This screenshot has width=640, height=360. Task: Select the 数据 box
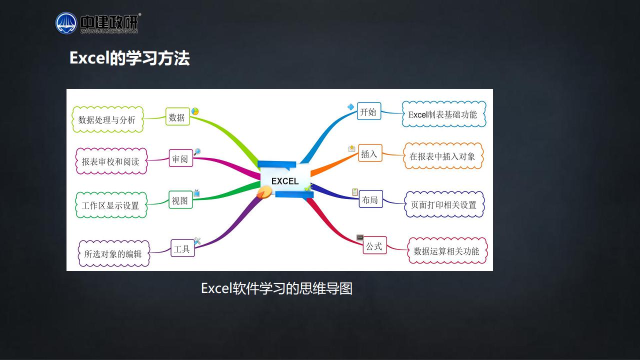pos(177,116)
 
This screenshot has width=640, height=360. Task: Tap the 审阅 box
pos(180,158)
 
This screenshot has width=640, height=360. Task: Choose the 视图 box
pos(180,199)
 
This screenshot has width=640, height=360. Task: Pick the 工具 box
pos(182,248)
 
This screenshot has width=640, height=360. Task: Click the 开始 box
pos(369,111)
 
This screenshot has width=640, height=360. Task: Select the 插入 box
pos(370,153)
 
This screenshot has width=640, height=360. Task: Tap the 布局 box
pos(371,199)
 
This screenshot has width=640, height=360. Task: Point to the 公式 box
pos(375,245)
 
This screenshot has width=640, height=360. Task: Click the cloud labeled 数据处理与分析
pos(107,119)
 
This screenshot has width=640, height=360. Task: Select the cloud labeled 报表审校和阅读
pos(111,161)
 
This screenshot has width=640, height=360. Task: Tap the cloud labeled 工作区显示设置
pos(111,205)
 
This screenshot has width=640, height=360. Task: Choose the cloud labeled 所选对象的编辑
pos(113,253)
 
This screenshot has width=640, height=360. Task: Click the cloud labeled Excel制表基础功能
pos(443,114)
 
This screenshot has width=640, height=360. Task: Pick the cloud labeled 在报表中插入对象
pos(443,156)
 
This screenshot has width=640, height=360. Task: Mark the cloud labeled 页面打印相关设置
pos(444,204)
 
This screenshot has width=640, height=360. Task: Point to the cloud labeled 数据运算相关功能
pos(447,250)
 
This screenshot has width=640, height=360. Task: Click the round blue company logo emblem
pos(66,23)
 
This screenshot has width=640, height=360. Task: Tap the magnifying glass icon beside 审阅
pos(197,151)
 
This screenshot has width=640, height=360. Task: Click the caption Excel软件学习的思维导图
pos(276,288)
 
